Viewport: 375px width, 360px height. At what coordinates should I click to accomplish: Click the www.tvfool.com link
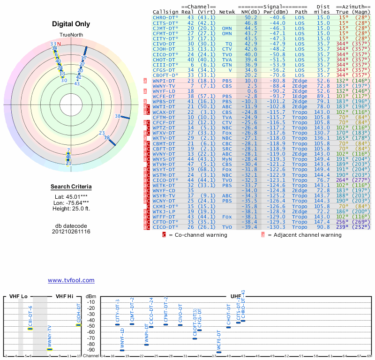pos(71,280)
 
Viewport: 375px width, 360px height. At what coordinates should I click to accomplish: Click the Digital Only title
pos(71,23)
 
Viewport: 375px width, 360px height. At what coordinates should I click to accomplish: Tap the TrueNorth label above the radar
pos(71,36)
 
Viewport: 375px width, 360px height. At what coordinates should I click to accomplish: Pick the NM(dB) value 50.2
pos(250,17)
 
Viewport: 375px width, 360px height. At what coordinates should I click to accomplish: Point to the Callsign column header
pos(165,12)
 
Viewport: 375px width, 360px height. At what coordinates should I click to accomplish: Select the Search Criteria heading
pos(71,187)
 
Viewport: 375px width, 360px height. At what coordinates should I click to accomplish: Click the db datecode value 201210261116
pos(71,232)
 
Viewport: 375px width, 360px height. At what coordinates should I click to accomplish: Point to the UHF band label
pos(236,297)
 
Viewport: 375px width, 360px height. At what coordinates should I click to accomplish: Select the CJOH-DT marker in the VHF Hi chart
pos(79,325)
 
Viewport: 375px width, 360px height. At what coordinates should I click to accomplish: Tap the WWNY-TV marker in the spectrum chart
pos(50,349)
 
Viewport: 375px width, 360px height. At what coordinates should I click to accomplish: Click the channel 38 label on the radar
pos(118,116)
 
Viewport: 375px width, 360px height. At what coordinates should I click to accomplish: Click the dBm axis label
pos(90,297)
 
